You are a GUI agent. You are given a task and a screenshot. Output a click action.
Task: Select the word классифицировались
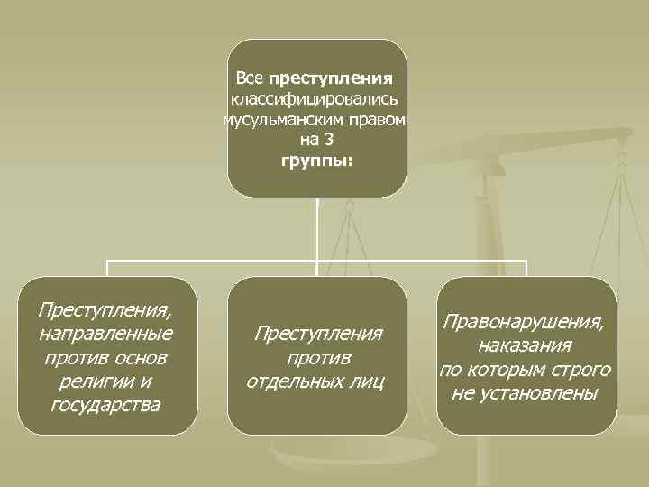[316, 98]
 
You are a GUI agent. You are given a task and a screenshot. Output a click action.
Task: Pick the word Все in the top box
[248, 78]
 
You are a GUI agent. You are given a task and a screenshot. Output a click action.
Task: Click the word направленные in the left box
[106, 334]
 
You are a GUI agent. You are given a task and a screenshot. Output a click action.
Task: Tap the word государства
[106, 404]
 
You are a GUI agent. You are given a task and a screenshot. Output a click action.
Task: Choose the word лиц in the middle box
[366, 381]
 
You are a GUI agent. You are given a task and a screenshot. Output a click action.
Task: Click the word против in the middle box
[317, 357]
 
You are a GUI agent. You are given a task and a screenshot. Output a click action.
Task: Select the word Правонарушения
[526, 322]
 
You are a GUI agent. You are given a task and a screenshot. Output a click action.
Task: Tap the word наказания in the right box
[526, 345]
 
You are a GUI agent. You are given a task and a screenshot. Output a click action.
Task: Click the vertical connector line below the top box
[317, 229]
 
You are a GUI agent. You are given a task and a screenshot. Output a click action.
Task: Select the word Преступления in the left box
[105, 310]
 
